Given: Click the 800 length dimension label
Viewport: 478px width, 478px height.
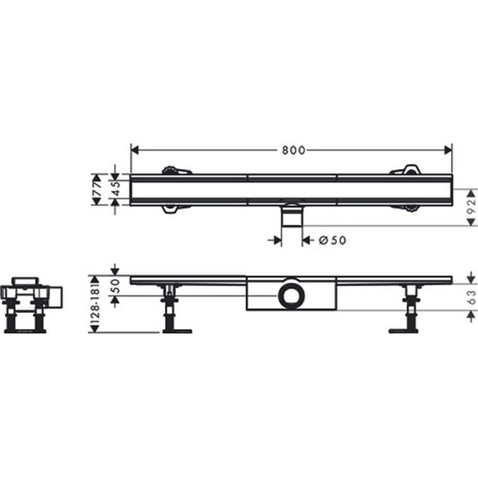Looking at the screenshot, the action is pyautogui.click(x=293, y=151).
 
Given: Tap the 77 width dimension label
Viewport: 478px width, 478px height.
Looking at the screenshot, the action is pyautogui.click(x=97, y=189).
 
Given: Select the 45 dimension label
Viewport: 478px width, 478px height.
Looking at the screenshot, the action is pyautogui.click(x=116, y=189).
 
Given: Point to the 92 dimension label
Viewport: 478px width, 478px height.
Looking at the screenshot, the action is pyautogui.click(x=472, y=207).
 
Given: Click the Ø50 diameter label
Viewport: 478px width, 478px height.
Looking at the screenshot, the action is pyautogui.click(x=332, y=241).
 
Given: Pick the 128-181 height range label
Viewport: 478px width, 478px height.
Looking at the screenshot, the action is pyautogui.click(x=95, y=304).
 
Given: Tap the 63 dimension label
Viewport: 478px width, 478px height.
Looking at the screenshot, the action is pyautogui.click(x=472, y=297).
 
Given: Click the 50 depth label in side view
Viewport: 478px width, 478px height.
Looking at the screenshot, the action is pyautogui.click(x=116, y=286).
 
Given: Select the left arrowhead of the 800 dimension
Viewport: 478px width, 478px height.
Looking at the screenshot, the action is pyautogui.click(x=135, y=150).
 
